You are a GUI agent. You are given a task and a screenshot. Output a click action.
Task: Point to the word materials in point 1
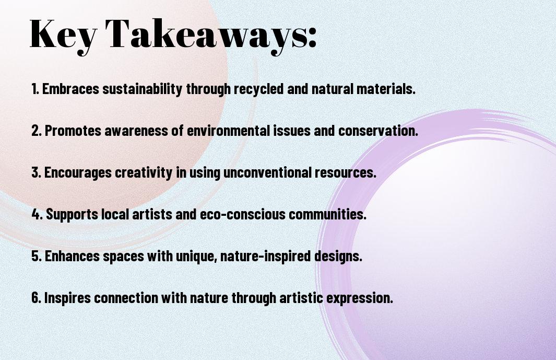pyautogui.click(x=386, y=88)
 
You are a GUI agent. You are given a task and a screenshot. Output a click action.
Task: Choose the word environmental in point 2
pyautogui.click(x=228, y=130)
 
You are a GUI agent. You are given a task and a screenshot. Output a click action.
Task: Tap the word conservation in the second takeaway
pyautogui.click(x=378, y=130)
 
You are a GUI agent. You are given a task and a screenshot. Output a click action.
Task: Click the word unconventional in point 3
pyautogui.click(x=267, y=172)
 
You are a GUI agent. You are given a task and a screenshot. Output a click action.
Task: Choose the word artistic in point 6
pyautogui.click(x=301, y=297)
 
